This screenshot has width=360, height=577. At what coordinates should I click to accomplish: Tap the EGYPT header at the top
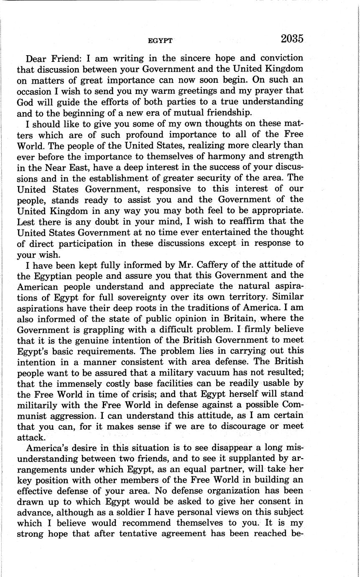(160, 41)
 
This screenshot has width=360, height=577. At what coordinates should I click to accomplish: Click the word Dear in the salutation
(37, 58)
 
